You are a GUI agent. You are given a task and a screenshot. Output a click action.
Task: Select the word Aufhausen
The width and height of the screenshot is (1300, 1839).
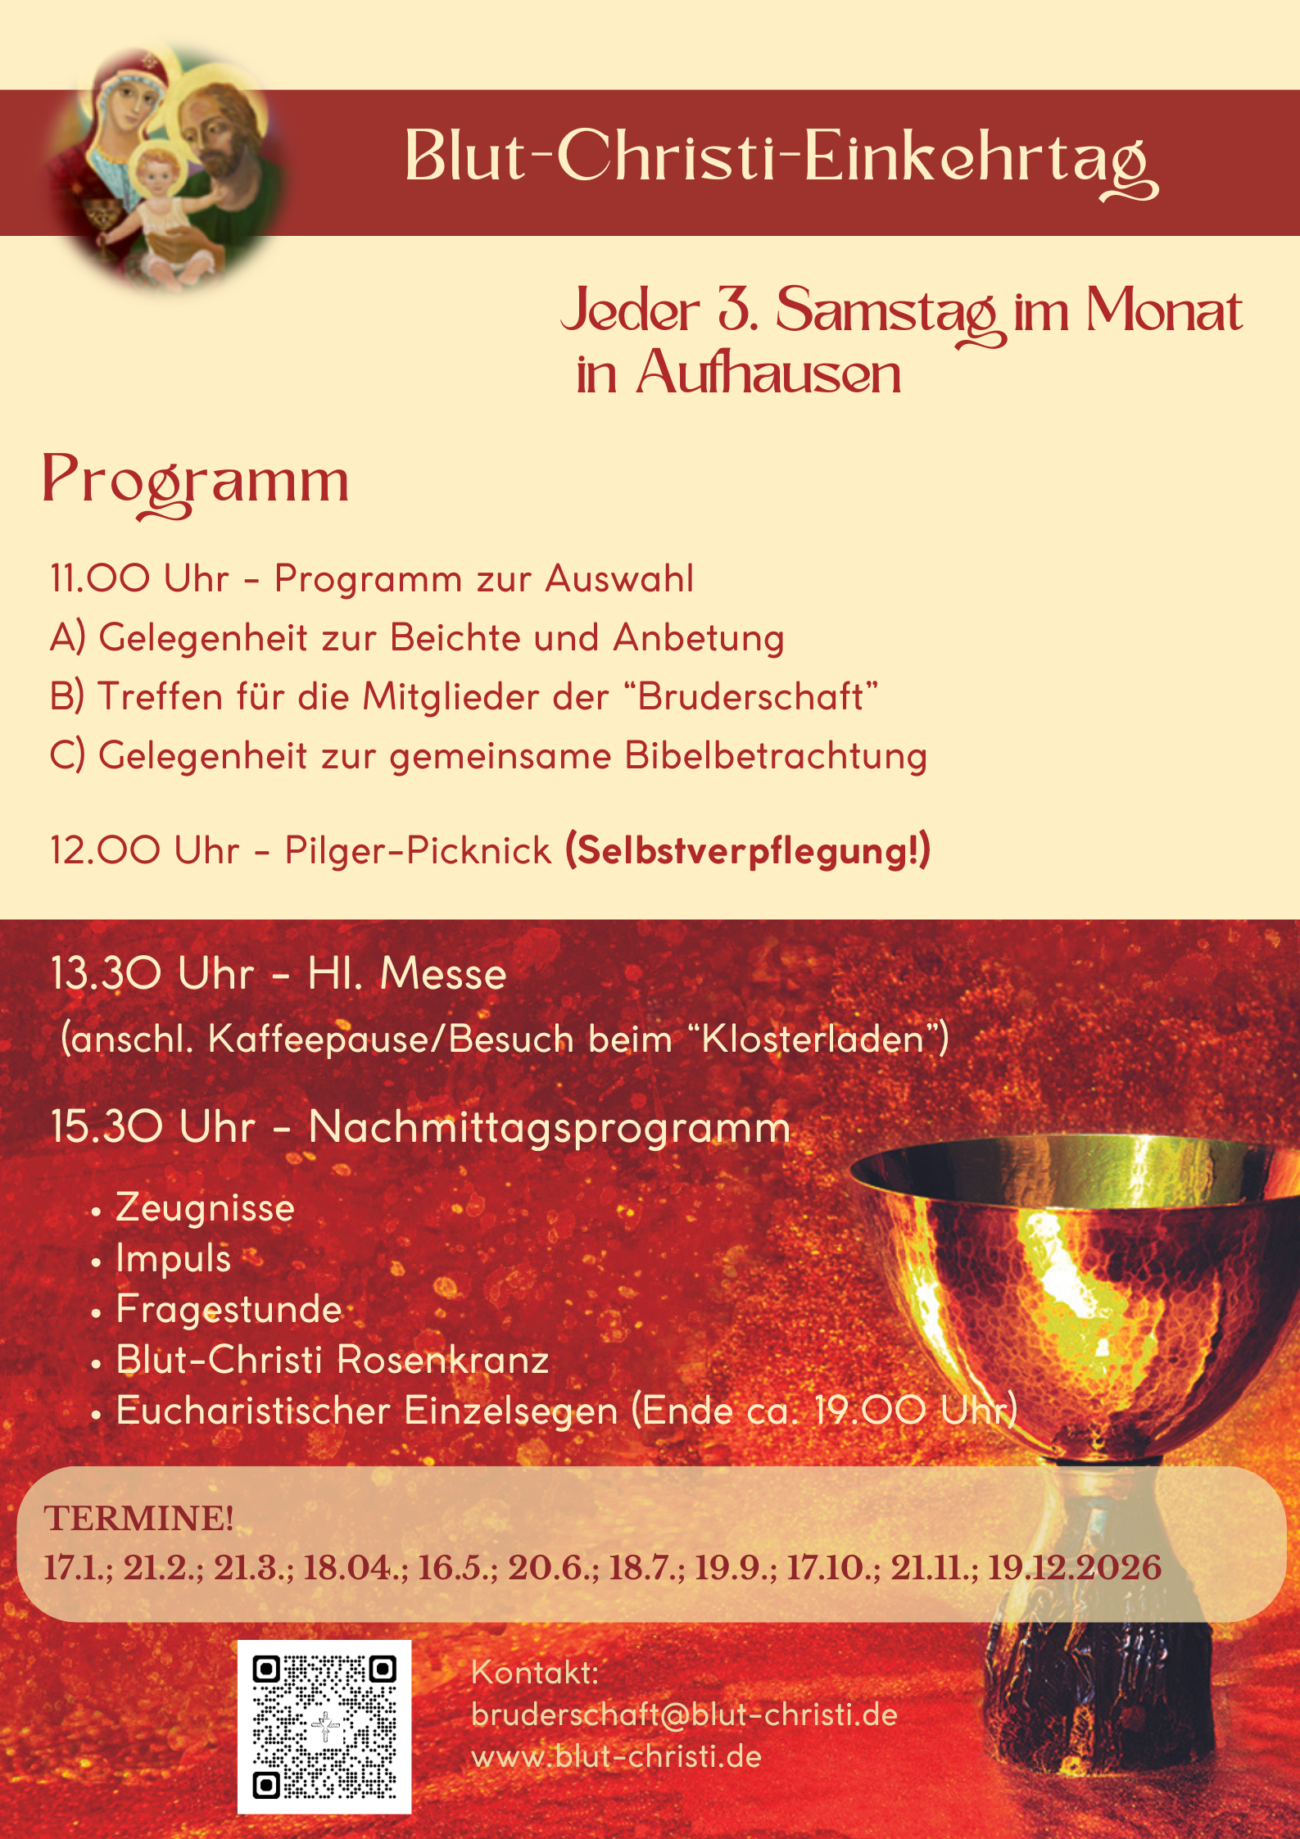tap(768, 374)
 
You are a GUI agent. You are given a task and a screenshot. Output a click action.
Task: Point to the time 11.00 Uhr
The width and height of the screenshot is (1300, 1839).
tap(139, 578)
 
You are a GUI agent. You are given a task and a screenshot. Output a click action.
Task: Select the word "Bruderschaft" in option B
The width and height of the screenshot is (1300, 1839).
tap(750, 697)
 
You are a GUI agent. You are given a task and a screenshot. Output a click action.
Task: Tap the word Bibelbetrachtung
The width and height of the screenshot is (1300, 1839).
tap(775, 756)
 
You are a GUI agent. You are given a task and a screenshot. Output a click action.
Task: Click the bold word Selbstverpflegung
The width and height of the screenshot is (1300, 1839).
tap(747, 850)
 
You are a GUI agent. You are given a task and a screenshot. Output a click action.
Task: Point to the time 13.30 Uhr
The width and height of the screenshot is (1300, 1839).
tap(152, 974)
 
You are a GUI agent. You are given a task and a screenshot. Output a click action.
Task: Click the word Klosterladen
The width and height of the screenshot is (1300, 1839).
tap(813, 1040)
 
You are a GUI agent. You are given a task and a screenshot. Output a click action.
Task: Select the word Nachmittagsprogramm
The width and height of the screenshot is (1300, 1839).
tap(549, 1127)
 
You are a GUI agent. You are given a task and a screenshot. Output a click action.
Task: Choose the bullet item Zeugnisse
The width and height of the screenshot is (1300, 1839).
tap(205, 1208)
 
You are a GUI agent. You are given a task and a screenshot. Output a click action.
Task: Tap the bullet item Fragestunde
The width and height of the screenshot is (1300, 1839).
tap(229, 1309)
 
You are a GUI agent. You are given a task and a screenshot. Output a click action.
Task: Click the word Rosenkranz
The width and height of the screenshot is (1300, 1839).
tap(442, 1361)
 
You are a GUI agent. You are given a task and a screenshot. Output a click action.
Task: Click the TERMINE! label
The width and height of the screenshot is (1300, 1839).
tap(138, 1518)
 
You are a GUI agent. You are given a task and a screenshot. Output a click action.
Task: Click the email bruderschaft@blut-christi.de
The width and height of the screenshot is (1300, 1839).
tap(684, 1714)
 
